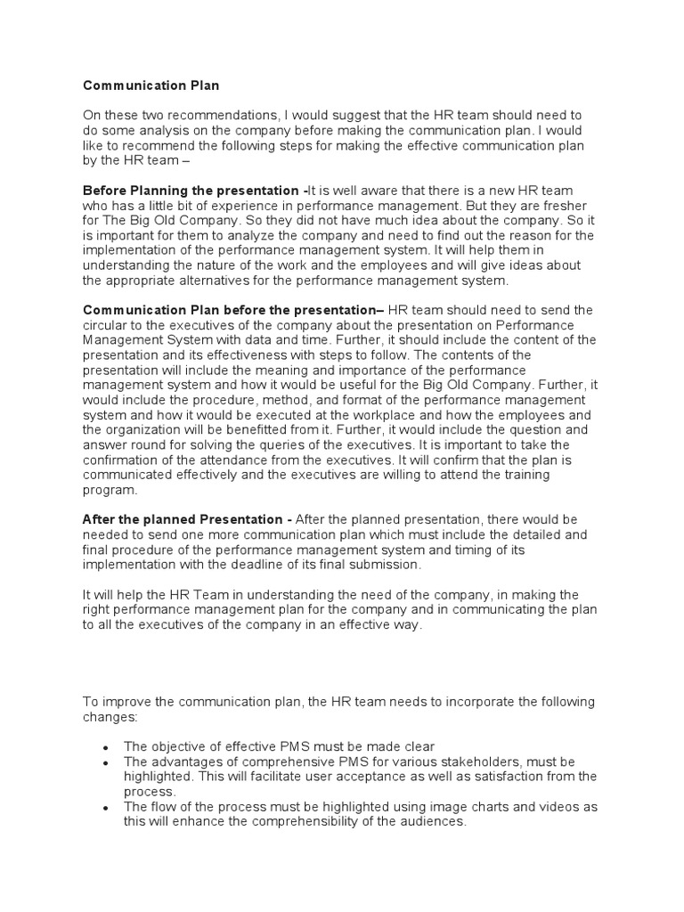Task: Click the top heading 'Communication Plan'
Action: pos(151,86)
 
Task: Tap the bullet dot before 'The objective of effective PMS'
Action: pos(107,747)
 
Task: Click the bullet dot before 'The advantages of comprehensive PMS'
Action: pos(107,762)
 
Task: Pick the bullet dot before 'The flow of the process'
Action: pos(107,807)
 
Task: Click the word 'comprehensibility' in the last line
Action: pos(313,821)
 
